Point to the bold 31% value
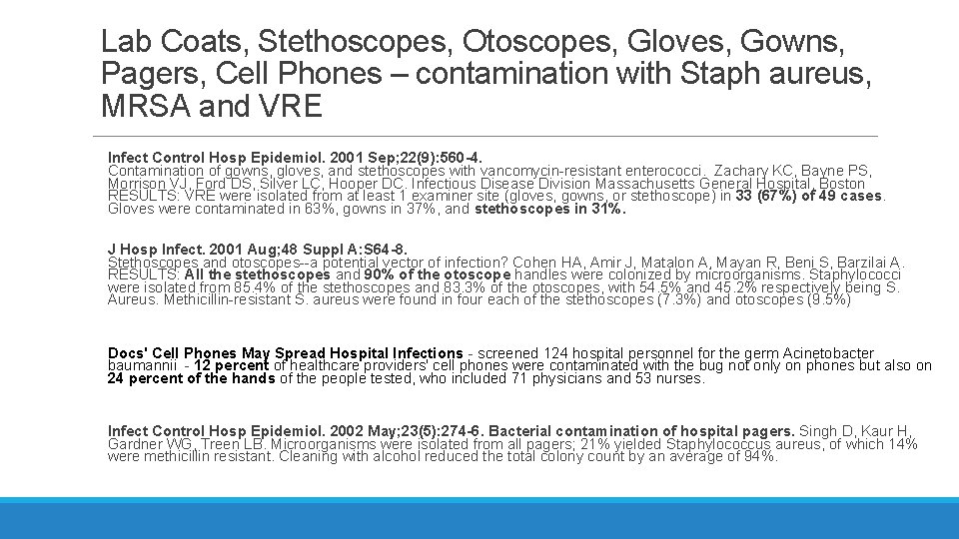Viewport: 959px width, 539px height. click(x=607, y=210)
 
